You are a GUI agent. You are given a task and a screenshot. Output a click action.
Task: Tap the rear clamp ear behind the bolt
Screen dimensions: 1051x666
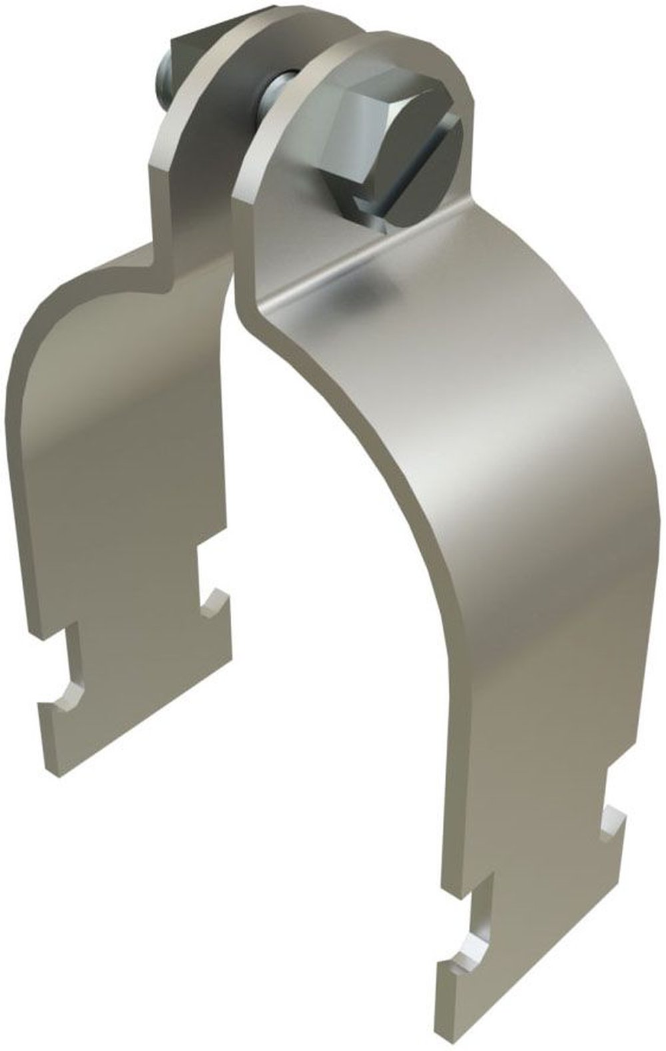point(200,120)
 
